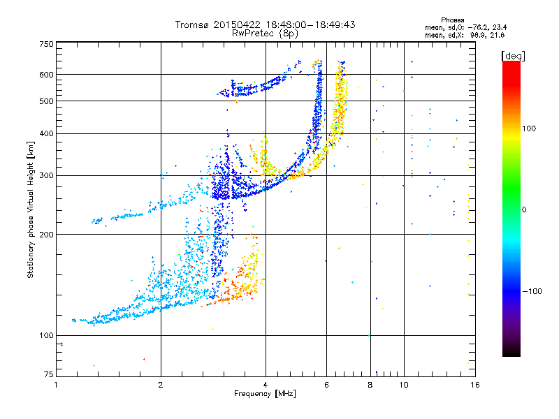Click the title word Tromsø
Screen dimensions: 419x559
tap(193, 24)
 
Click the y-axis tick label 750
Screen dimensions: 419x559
tap(46, 43)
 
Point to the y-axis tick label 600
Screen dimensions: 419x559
tap(46, 74)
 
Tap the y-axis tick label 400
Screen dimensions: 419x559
tap(46, 133)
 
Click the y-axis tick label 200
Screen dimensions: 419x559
tap(46, 234)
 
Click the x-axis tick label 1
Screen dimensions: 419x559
tap(56, 385)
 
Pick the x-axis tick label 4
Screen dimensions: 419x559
tap(265, 385)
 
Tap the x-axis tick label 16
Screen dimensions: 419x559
tap(474, 385)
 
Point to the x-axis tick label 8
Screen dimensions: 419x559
tap(370, 385)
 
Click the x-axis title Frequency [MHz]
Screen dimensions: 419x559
tap(265, 394)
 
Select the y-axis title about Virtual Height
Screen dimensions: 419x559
tap(31, 209)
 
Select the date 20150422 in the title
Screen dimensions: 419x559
tap(237, 24)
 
